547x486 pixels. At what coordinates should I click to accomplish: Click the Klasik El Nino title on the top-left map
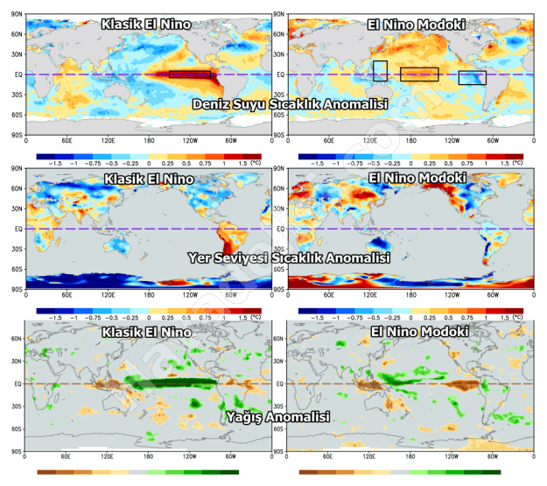[x=147, y=24]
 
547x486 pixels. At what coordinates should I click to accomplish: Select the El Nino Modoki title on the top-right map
[x=416, y=24]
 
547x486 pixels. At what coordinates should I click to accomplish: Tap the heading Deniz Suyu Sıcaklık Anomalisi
[x=290, y=104]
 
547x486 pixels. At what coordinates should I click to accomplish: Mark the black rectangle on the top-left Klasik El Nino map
[x=189, y=74]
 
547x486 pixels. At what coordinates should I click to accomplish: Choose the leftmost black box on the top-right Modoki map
[x=380, y=71]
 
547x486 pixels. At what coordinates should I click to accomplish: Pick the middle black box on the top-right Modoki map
[x=419, y=74]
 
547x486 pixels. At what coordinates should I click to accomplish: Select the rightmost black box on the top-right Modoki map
[x=472, y=77]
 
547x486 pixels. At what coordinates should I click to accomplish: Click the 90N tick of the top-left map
[x=17, y=12]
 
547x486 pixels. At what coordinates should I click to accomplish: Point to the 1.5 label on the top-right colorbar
[x=504, y=163]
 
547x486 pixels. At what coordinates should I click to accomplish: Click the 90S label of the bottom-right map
[x=279, y=451]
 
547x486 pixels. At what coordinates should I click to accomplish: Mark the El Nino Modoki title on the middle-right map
[x=416, y=178]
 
